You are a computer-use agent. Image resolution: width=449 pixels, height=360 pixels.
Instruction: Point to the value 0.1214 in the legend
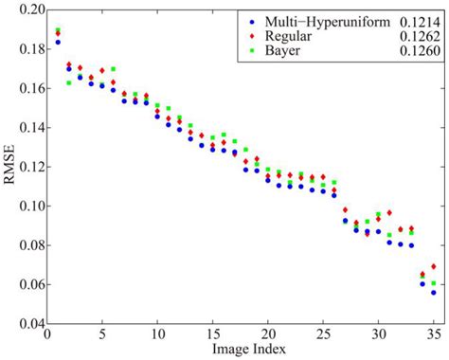[416, 19]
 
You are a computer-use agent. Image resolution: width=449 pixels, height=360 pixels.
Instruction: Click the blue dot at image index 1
[59, 42]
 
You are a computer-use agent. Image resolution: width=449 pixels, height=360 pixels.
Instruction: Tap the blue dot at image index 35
[433, 293]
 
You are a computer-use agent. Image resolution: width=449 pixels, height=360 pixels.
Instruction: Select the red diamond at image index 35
[433, 267]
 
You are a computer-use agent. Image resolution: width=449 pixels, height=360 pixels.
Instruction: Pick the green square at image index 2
[69, 83]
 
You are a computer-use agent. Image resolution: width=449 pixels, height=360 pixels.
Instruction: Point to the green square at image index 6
[114, 69]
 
